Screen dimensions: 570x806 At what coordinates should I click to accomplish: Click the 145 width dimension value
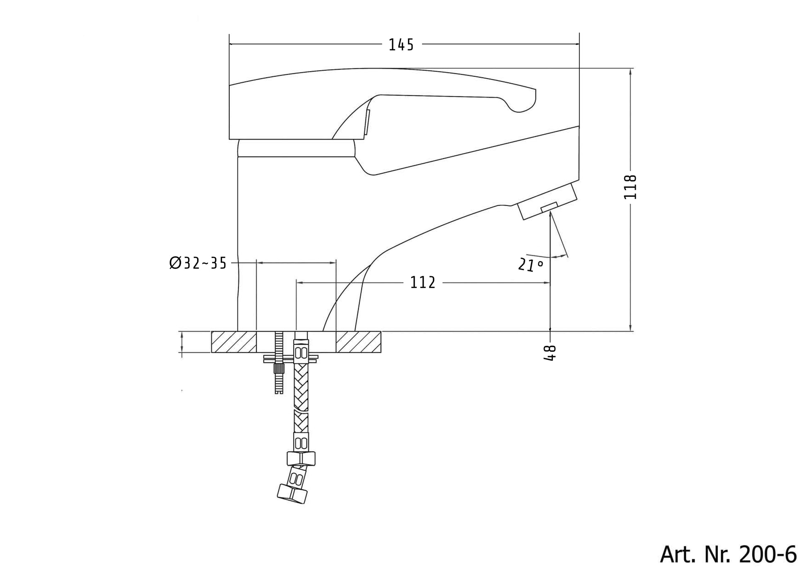click(401, 45)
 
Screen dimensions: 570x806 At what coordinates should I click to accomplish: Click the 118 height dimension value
click(630, 187)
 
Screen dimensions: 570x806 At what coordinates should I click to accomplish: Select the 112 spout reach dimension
click(422, 283)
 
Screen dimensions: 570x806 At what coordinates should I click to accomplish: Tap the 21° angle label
click(530, 264)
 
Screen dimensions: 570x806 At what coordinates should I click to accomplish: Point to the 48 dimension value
click(550, 353)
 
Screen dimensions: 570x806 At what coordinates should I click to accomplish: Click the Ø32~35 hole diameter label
click(198, 263)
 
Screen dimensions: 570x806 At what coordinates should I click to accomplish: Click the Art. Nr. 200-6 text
click(728, 554)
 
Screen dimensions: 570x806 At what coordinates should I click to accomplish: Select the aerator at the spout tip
click(547, 202)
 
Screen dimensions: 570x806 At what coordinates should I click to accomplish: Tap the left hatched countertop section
click(234, 342)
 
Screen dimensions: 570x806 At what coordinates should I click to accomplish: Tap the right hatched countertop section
click(358, 342)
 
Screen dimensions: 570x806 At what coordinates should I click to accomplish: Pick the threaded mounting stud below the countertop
click(279, 375)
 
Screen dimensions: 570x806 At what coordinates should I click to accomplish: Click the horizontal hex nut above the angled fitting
click(301, 458)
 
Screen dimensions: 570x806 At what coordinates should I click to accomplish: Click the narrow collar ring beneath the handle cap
click(296, 148)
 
